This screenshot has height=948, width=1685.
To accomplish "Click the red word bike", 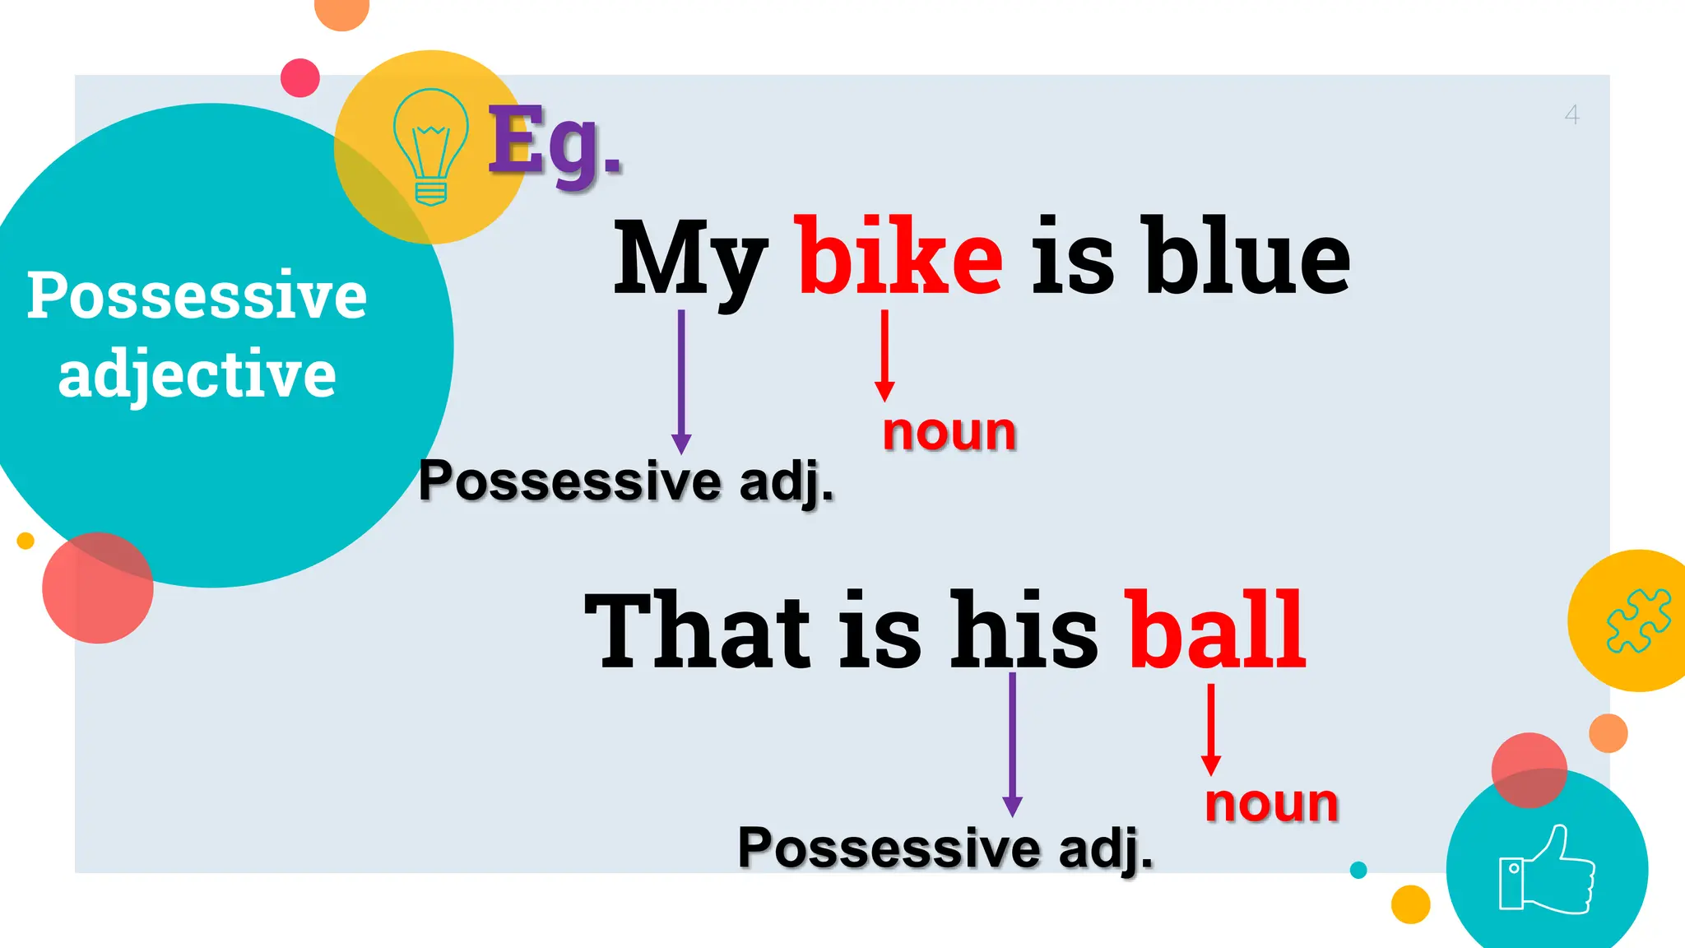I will pyautogui.click(x=900, y=257).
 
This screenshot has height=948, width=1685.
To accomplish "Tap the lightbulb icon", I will pyautogui.click(x=430, y=146).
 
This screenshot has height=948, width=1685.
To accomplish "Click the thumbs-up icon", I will pyautogui.click(x=1547, y=871).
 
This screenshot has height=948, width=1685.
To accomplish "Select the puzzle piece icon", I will pyautogui.click(x=1638, y=620).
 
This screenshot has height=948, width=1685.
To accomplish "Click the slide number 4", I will pyautogui.click(x=1571, y=115).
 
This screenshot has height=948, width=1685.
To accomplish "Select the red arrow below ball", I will pyautogui.click(x=1210, y=729).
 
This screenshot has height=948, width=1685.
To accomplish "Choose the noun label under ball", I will pyautogui.click(x=1271, y=803).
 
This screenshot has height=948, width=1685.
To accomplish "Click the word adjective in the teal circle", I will pyautogui.click(x=197, y=375).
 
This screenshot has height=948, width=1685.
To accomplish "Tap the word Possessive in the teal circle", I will pyautogui.click(x=197, y=296).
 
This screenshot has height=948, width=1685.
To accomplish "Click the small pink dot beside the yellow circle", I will pyautogui.click(x=300, y=78).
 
